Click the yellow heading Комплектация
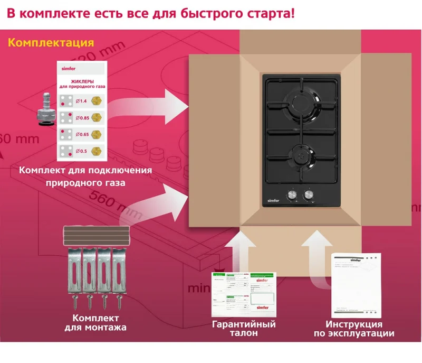51,43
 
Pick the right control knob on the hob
308,196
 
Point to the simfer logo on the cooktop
273,201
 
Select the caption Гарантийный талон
244,329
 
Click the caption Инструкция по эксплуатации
354,329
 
